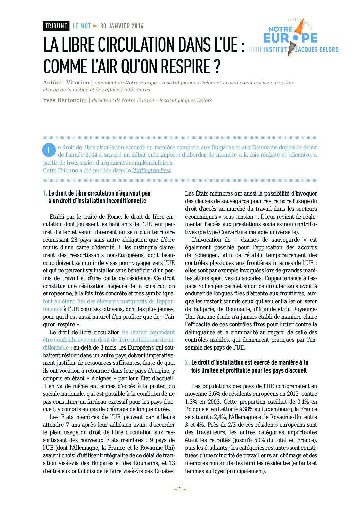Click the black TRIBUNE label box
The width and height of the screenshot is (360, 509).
click(x=56, y=26)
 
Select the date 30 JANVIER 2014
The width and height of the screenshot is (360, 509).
click(x=122, y=26)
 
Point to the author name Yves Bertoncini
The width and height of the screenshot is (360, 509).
click(x=65, y=100)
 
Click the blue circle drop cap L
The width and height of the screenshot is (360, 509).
click(x=49, y=150)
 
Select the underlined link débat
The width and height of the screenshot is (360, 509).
click(x=138, y=155)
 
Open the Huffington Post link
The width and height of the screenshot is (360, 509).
click(x=151, y=171)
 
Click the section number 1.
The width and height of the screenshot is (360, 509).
click(x=45, y=193)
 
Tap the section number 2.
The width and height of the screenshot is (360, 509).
click(x=187, y=363)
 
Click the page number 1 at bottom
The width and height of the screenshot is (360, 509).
click(x=180, y=490)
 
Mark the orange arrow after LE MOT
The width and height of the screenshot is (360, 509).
click(x=96, y=26)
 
